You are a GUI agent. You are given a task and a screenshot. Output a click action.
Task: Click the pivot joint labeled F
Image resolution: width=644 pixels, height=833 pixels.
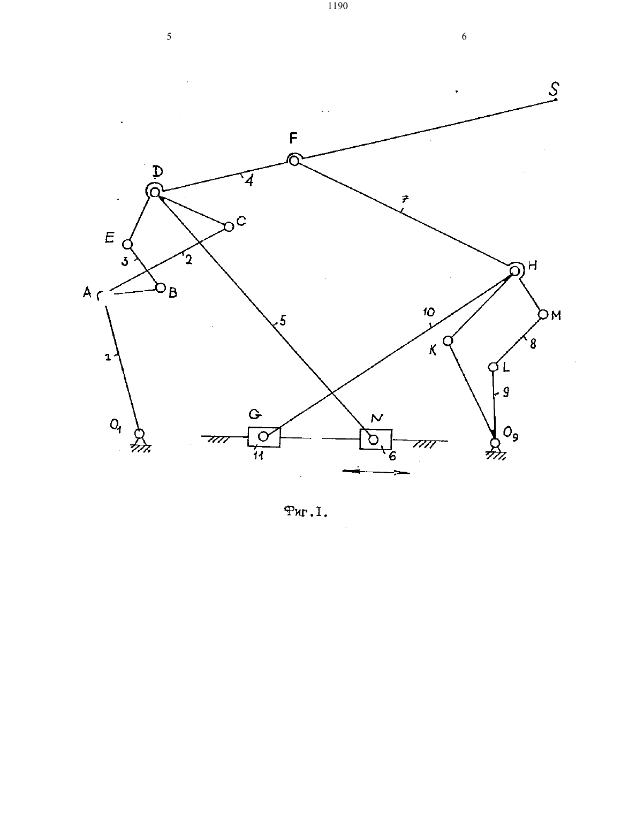click(294, 161)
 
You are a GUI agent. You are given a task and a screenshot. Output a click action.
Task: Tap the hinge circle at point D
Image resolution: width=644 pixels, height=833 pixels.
click(155, 192)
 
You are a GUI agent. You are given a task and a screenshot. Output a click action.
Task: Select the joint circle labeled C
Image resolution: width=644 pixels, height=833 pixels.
click(229, 227)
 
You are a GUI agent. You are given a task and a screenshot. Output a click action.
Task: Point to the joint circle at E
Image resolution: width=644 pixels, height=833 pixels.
click(127, 244)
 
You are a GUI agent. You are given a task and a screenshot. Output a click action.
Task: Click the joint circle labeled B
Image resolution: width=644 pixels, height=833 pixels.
click(161, 287)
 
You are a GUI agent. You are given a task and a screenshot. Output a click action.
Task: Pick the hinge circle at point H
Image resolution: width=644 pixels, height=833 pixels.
click(514, 271)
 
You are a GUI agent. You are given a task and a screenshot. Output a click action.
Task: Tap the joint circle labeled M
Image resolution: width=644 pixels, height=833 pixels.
click(543, 314)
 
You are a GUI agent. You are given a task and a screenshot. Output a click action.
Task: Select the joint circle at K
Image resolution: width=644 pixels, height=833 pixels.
click(448, 340)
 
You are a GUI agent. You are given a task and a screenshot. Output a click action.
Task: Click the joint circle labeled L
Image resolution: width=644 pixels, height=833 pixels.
click(493, 367)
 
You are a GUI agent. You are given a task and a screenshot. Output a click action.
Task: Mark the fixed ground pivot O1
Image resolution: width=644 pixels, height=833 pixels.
click(140, 434)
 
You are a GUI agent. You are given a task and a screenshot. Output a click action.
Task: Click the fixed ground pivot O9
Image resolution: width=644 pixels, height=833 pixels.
click(495, 443)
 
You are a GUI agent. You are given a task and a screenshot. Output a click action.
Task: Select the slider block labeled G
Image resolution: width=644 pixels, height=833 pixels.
click(264, 437)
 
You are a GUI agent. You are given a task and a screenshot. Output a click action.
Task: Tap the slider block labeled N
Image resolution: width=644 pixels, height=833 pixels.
click(376, 440)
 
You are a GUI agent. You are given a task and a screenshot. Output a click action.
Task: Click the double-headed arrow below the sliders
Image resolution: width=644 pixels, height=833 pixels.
click(376, 472)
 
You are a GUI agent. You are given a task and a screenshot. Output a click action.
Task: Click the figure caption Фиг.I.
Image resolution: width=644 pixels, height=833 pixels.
click(306, 512)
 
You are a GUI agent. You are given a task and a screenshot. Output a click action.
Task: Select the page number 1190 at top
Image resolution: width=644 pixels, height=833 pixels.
click(338, 6)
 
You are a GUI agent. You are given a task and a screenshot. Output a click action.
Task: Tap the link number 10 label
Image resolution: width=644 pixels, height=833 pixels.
click(429, 313)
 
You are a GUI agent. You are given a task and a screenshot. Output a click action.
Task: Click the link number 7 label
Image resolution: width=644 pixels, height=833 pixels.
click(406, 199)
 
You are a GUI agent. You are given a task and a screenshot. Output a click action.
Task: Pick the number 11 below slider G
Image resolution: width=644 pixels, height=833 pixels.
click(259, 456)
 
